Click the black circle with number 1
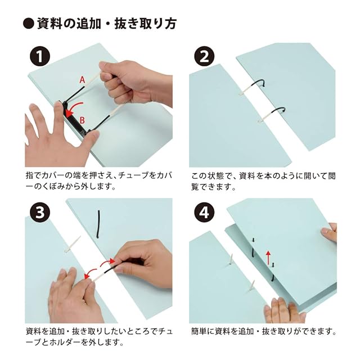[40, 56]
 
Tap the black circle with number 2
[204, 56]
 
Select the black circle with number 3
[40, 213]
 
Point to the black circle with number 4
[204, 213]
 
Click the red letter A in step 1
[82, 80]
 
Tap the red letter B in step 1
[82, 120]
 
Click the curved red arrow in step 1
[74, 109]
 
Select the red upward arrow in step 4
[268, 258]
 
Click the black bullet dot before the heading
[29, 24]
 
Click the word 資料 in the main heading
[49, 24]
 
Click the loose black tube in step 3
[98, 224]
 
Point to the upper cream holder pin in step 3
[73, 244]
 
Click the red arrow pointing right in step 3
[107, 262]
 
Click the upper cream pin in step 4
[230, 259]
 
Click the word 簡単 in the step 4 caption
[200, 331]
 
